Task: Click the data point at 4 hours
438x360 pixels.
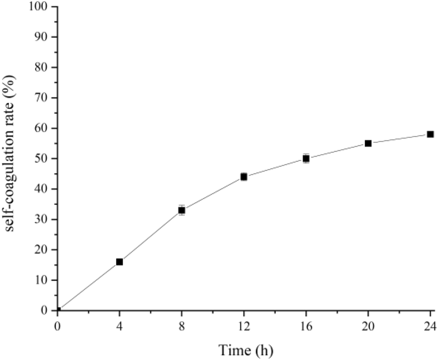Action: tap(120, 262)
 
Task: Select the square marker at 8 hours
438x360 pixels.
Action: tap(182, 210)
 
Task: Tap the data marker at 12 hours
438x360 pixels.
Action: tap(244, 177)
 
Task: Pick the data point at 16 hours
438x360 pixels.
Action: tap(306, 158)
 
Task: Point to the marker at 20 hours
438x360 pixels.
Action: tap(368, 144)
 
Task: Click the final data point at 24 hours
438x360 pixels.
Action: tap(430, 134)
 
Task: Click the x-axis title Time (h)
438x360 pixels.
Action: tap(246, 349)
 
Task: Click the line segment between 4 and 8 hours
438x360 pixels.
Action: tap(151, 236)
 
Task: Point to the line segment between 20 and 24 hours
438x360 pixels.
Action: tap(399, 139)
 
